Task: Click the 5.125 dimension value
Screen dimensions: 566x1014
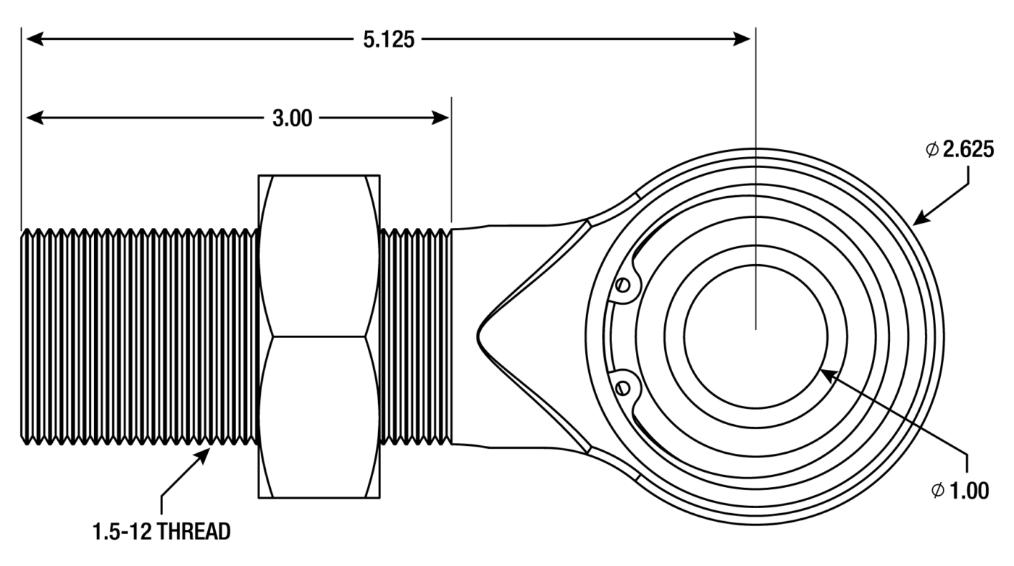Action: (x=389, y=39)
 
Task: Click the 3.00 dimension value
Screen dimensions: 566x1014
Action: (x=293, y=119)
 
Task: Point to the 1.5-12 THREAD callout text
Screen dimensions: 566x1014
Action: (x=162, y=532)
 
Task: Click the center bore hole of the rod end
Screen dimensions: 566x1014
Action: (x=755, y=336)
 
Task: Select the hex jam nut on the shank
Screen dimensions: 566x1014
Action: (x=319, y=336)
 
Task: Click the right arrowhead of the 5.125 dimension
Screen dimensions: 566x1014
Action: (x=746, y=39)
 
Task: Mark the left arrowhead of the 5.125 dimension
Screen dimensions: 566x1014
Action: (x=33, y=39)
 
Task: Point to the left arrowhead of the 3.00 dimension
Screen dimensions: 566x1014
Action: (x=33, y=118)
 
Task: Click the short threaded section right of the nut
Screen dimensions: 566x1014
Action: (x=416, y=336)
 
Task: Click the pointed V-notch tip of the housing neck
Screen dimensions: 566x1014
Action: (x=479, y=336)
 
